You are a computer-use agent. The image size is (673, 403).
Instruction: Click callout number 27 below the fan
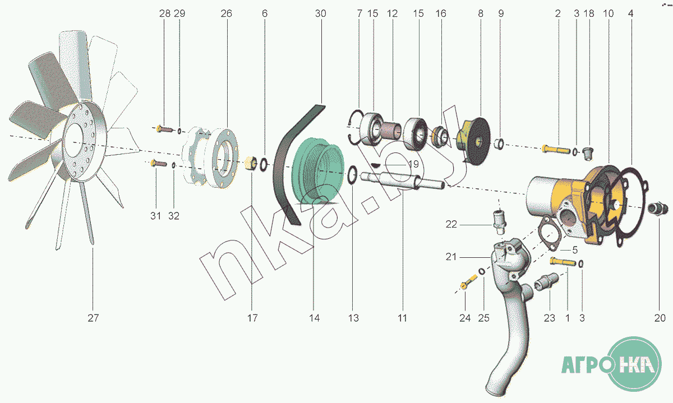click(93, 318)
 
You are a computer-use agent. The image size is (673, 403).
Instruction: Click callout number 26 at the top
click(226, 13)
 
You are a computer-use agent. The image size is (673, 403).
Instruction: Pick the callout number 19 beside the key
click(413, 165)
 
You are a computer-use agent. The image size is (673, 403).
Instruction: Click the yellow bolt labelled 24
click(464, 286)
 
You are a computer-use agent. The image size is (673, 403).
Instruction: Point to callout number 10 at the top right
click(609, 13)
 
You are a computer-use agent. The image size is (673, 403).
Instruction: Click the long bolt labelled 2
click(555, 149)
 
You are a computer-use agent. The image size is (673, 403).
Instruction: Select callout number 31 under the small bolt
click(155, 216)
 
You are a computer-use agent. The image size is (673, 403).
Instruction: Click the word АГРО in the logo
click(587, 368)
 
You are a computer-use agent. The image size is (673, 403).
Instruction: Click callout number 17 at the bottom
click(252, 318)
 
